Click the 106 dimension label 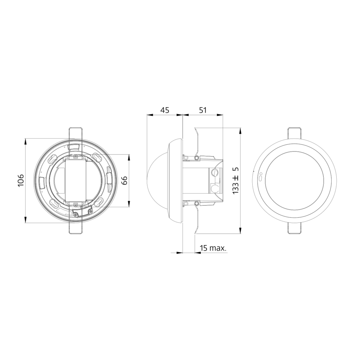tap(21, 180)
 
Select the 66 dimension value tap(124, 180)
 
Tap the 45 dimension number tap(165, 110)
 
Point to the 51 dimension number tap(203, 110)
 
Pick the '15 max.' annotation tap(213, 248)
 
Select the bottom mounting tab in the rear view tap(75, 229)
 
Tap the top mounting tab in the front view tap(294, 132)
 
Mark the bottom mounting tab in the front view tap(294, 228)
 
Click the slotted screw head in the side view tap(215, 172)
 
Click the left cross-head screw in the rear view tap(76, 215)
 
